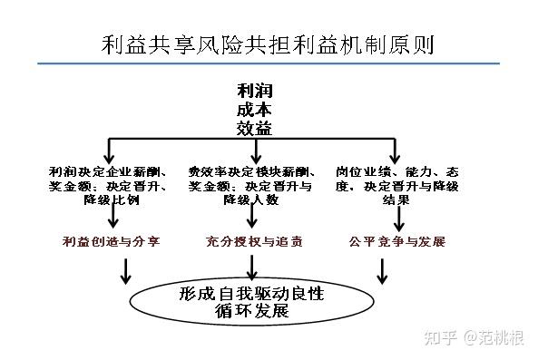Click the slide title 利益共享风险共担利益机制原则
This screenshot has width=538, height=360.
coord(269,44)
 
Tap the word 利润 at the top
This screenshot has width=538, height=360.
coord(254,92)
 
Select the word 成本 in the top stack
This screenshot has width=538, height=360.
coord(254,111)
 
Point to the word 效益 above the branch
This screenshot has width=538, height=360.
coord(254,129)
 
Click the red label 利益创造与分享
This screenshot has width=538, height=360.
coord(112,242)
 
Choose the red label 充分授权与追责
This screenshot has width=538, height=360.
coord(255,242)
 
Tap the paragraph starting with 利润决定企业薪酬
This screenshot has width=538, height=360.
coord(110,184)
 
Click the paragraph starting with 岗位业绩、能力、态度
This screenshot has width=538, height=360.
coord(396,184)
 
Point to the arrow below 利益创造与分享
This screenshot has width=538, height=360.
coord(126,269)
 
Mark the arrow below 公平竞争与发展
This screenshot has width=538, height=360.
coord(382,269)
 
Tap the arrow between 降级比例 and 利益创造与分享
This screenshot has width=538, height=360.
coord(111,218)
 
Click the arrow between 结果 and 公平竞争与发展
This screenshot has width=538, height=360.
coord(396,218)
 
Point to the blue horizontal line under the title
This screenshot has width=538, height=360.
coord(269,63)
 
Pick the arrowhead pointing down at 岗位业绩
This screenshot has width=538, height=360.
coord(396,156)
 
